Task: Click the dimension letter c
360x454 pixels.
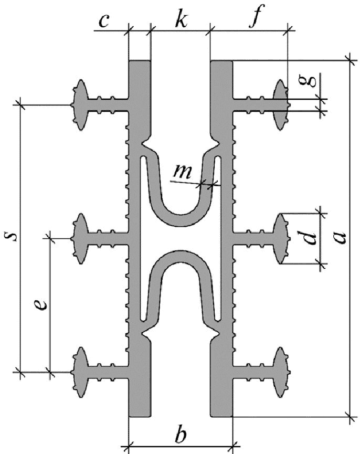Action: click(104, 21)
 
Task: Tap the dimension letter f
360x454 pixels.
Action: click(256, 16)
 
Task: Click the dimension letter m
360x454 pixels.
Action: click(183, 172)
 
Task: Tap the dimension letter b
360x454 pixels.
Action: click(181, 435)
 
